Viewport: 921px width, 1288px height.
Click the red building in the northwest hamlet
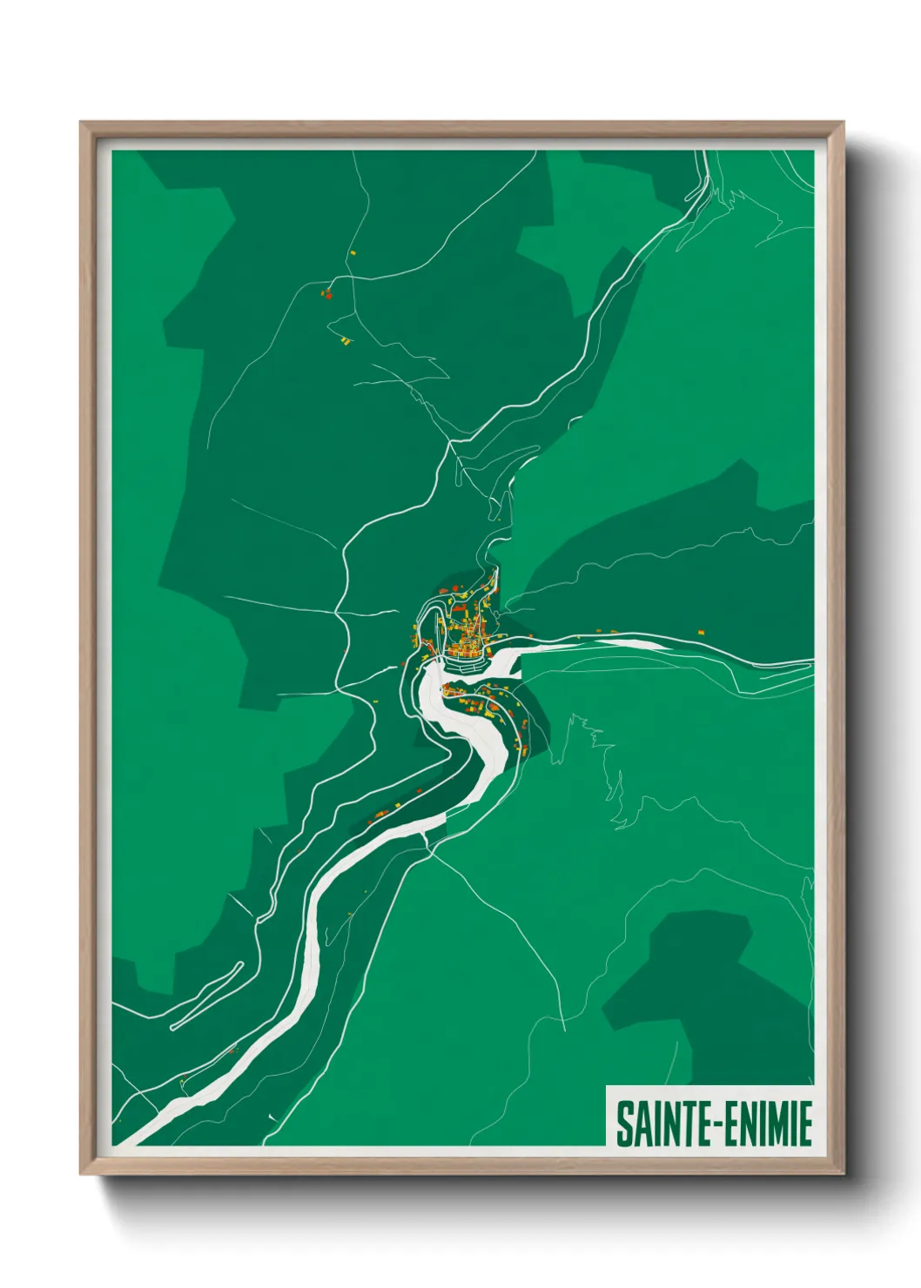(328, 294)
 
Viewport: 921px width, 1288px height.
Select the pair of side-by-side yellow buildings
(346, 340)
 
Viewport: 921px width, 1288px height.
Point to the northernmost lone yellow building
(353, 253)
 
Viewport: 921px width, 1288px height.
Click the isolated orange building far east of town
(700, 632)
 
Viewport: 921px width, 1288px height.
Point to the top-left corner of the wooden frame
(82, 124)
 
